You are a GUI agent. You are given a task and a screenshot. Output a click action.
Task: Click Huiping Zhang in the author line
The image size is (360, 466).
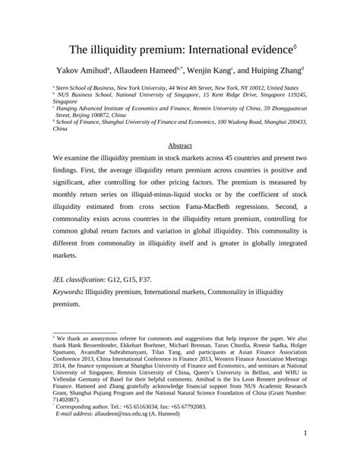[283, 71]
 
